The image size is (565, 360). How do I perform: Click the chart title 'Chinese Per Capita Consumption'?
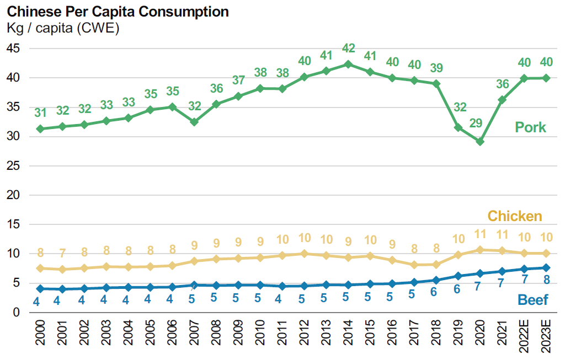(118, 12)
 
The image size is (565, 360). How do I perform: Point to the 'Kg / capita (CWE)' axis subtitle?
(63, 28)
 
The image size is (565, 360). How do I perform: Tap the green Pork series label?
(530, 127)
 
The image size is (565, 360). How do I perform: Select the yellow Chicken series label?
(515, 216)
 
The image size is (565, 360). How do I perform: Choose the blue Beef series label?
(532, 300)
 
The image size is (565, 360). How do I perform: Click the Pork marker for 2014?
(348, 64)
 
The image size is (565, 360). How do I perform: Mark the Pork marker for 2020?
(480, 142)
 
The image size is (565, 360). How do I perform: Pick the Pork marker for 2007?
(194, 121)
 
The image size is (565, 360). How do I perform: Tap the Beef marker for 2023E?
(546, 267)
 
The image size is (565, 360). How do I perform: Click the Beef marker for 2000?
(39, 288)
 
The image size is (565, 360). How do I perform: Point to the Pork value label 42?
(348, 49)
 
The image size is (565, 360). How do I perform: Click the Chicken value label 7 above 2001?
(62, 254)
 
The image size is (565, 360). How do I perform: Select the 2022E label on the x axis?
(524, 336)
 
